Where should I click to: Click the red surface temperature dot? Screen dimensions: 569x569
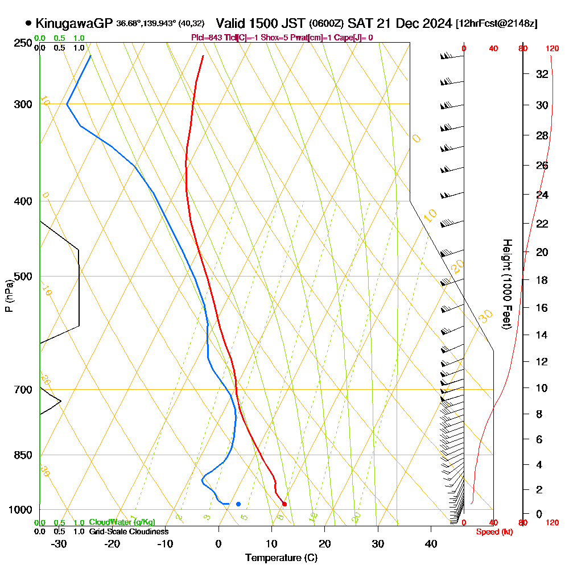(x=284, y=504)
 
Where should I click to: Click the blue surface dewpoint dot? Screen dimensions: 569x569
(x=238, y=504)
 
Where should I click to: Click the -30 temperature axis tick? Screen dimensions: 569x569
(x=59, y=543)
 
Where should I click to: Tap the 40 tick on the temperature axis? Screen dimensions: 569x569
(x=431, y=543)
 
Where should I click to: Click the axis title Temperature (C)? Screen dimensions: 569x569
(x=281, y=558)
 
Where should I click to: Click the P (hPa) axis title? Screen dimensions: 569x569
(x=9, y=296)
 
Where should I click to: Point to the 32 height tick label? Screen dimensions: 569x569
(x=542, y=74)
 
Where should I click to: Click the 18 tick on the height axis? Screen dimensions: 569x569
(x=542, y=280)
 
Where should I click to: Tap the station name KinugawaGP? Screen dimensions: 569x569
(x=74, y=23)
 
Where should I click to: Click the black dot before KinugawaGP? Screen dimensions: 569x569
(x=28, y=23)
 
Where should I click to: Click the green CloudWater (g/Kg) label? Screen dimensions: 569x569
(x=122, y=522)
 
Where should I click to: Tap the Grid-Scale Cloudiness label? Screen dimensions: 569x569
(x=128, y=531)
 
